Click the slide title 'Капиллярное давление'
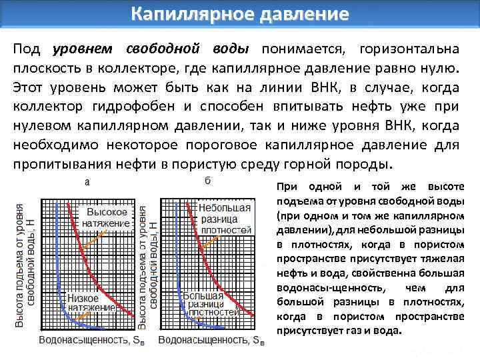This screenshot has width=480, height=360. click(x=239, y=13)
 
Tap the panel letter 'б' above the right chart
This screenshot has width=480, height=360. click(x=206, y=181)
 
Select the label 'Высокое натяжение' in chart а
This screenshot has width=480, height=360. click(x=106, y=217)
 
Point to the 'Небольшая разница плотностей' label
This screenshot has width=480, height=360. click(x=225, y=218)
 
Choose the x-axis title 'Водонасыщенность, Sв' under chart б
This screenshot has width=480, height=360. click(x=211, y=340)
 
